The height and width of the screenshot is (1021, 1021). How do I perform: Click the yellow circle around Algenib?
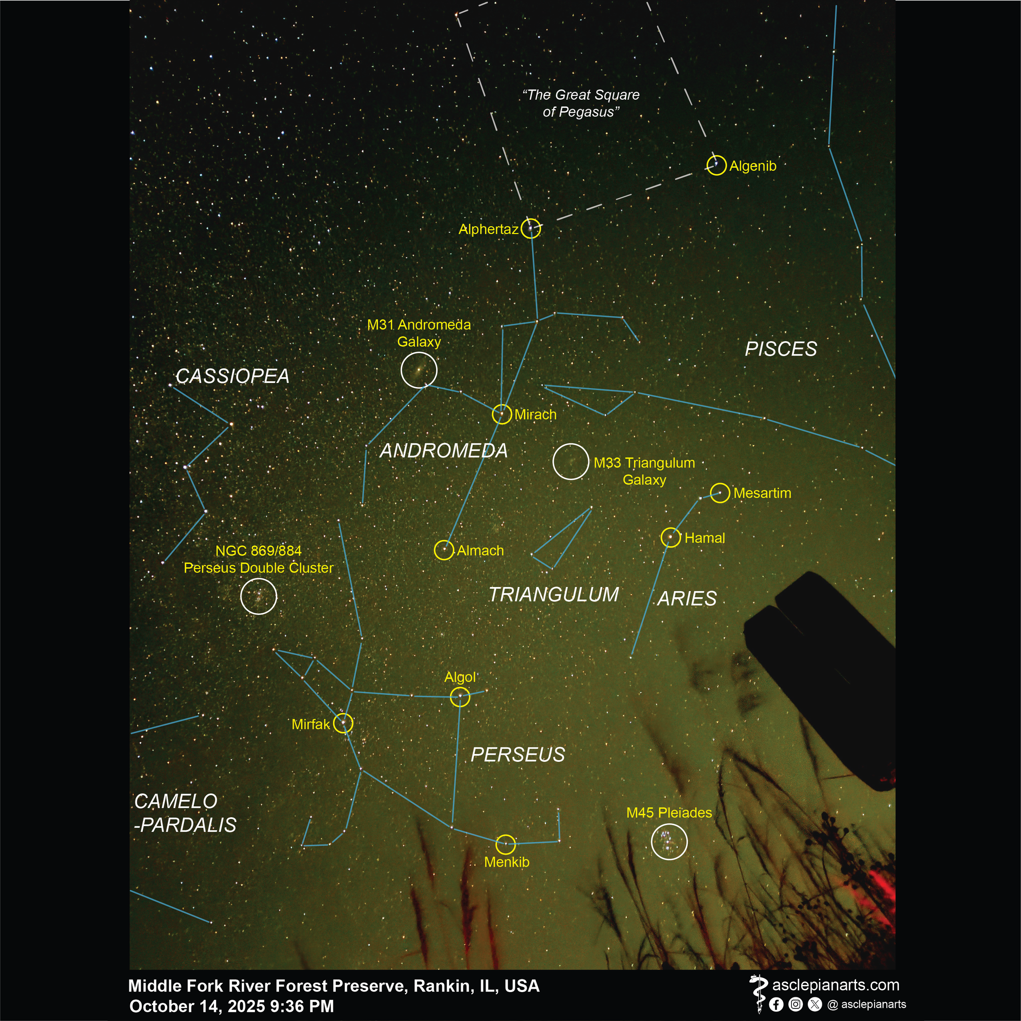[x=716, y=165]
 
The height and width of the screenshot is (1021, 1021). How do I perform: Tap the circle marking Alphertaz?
[x=531, y=228]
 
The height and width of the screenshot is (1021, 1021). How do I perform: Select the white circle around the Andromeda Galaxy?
[x=419, y=370]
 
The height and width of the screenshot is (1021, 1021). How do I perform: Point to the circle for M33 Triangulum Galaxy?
[x=571, y=461]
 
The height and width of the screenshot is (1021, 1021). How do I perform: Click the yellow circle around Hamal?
[x=671, y=538]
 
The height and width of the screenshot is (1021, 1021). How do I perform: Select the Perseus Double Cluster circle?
[x=259, y=596]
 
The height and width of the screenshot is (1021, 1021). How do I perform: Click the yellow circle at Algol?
[x=459, y=697]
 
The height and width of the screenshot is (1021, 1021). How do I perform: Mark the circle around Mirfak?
[x=343, y=723]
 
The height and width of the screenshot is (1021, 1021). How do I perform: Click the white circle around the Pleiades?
[x=669, y=842]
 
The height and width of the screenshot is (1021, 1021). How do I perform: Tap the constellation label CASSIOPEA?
[x=233, y=376]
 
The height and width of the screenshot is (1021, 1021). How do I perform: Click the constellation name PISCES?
[x=780, y=349]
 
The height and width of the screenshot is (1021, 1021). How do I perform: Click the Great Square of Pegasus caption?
[x=581, y=103]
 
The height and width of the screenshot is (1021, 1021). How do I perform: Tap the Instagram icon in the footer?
[x=795, y=1004]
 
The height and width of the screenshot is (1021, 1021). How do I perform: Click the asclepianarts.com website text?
[x=836, y=985]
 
